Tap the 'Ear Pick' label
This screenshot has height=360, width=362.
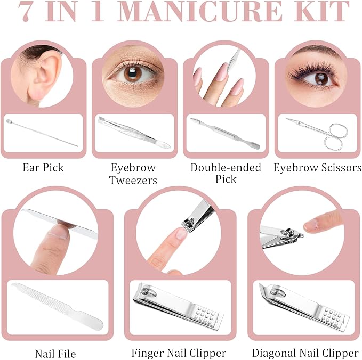pos(43,168)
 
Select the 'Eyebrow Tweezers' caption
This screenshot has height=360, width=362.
pos(133,174)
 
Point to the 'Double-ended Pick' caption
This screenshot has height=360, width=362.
pos(226,174)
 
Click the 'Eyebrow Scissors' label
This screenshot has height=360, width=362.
pos(318,168)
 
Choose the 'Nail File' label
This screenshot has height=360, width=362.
pos(55,354)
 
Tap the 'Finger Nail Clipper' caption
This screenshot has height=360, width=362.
pos(179,353)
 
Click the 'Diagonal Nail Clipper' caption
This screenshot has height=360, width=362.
pos(305,353)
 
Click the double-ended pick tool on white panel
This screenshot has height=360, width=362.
pos(224,134)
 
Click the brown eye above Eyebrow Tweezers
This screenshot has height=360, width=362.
pos(133,73)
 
